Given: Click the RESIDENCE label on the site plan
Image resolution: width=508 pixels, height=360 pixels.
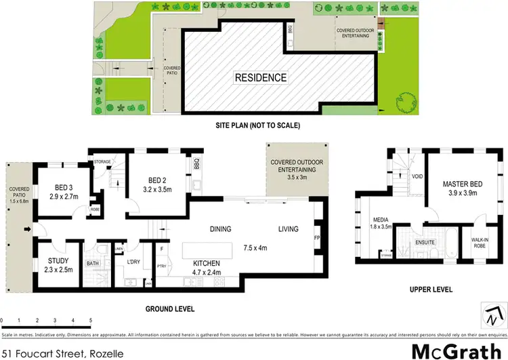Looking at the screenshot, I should pos(261,77).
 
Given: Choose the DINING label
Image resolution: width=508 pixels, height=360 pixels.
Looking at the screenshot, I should pos(221,229).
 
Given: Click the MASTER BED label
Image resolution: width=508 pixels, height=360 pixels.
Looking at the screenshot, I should pos(462,184).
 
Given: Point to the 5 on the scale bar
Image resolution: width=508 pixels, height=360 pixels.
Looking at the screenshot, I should pos(90,319).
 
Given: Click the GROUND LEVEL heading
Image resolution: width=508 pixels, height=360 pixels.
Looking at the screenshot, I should pos(170,308).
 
